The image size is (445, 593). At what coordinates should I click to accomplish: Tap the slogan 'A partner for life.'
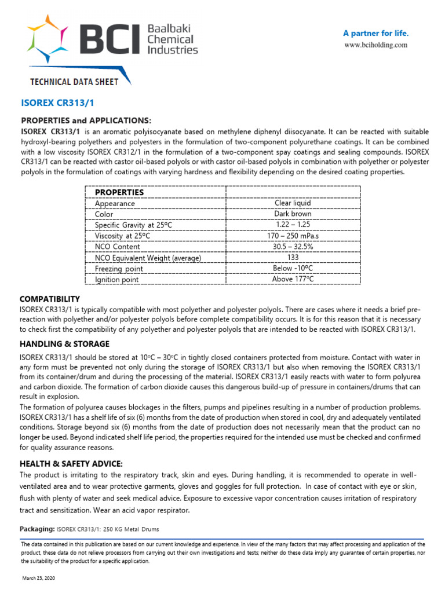[376, 32]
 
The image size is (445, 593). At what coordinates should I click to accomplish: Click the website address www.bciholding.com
[376, 45]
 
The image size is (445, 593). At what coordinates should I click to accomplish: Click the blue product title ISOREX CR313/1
[57, 103]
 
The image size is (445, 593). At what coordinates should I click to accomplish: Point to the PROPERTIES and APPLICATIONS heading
[86, 120]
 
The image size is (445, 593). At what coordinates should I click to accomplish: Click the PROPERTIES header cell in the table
[119, 192]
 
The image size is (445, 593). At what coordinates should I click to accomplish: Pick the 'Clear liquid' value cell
[293, 203]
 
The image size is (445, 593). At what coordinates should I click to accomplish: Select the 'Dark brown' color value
[293, 214]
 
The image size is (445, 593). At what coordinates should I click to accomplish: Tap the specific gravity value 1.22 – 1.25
[293, 225]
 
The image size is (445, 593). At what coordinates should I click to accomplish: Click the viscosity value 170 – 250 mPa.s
[293, 236]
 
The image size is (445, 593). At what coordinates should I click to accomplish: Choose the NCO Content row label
[118, 247]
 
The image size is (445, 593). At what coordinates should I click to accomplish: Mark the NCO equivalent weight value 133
[293, 257]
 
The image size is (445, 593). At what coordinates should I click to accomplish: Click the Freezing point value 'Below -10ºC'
[293, 268]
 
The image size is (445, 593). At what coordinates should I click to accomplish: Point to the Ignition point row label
[117, 280]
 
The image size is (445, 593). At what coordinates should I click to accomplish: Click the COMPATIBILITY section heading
[50, 299]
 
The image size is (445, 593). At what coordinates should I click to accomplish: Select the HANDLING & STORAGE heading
[64, 344]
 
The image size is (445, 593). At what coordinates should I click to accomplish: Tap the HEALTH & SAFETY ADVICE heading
[71, 463]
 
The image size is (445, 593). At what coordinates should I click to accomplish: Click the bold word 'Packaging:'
[37, 529]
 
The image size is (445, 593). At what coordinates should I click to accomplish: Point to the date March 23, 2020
[39, 579]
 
